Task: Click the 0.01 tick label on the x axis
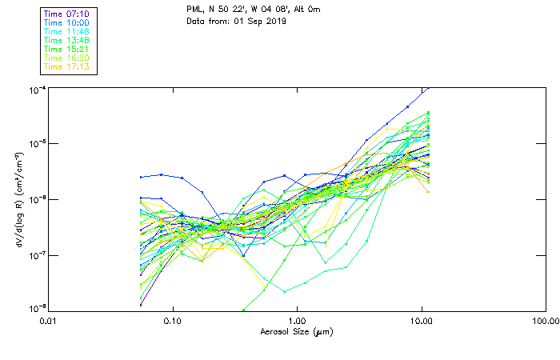49,320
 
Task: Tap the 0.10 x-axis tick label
173,320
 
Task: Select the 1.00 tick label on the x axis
298,320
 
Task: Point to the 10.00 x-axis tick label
422,320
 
